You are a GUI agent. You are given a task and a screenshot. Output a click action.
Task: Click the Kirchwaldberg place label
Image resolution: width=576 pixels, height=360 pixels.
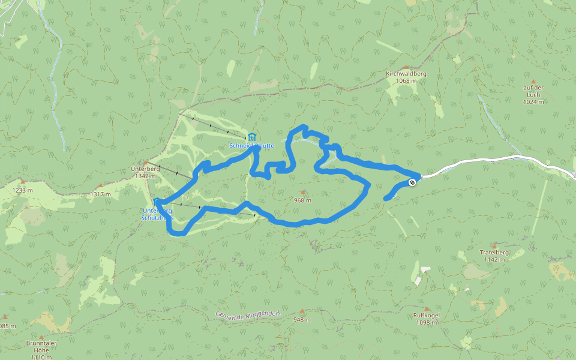click(x=406, y=73)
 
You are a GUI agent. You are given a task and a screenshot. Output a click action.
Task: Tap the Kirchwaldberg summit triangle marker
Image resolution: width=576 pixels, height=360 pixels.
click(x=406, y=67)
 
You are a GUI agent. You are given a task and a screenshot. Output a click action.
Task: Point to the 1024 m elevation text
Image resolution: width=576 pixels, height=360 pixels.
click(x=533, y=102)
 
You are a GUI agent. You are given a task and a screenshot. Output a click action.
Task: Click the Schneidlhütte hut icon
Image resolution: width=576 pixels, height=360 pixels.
click(x=252, y=137)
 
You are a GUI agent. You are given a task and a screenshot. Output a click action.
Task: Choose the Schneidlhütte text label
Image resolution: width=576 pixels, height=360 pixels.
click(x=251, y=146)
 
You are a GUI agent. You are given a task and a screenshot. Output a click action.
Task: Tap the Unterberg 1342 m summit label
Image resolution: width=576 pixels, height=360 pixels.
click(x=145, y=172)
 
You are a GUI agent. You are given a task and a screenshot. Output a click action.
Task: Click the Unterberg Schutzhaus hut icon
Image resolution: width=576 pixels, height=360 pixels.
click(x=156, y=202)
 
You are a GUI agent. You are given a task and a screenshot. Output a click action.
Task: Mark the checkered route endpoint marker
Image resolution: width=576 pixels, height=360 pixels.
click(x=412, y=182)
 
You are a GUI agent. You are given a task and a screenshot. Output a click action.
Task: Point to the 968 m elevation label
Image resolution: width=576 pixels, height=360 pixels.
click(x=302, y=200)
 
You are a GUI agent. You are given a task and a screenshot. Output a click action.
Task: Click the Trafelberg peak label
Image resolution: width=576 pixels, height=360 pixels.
click(x=494, y=253)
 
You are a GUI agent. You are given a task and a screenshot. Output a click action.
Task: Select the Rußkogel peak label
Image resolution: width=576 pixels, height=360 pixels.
click(x=426, y=316)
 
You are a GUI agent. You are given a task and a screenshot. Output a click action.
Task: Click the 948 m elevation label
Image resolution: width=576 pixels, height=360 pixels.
click(x=302, y=320)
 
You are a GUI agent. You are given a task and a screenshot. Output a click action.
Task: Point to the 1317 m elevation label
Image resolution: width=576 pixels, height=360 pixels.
click(x=100, y=194)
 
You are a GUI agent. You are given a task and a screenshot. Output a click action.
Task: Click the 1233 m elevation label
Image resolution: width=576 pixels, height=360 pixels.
click(x=22, y=190)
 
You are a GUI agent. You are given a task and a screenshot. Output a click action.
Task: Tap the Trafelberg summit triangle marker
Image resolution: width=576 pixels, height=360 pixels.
click(x=494, y=246)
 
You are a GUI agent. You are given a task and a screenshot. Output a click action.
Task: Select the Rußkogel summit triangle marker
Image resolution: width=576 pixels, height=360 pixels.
click(x=425, y=309)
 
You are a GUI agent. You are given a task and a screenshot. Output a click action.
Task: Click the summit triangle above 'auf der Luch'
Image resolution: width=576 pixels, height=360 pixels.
click(x=532, y=81)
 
